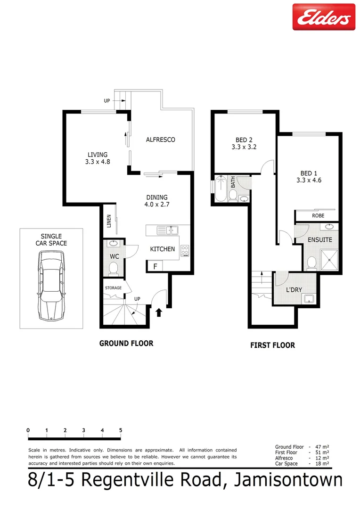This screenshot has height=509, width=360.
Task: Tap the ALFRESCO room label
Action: pos(160,140)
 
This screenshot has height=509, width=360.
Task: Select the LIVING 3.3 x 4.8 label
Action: pos(98,158)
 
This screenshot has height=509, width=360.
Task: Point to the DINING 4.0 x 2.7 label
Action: pos(156,201)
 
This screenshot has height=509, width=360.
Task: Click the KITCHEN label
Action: pos(163,249)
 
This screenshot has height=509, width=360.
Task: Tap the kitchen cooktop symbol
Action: pos(185,251)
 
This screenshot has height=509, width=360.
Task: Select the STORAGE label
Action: pos(113,288)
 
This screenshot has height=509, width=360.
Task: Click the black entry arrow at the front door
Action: pos(159,312)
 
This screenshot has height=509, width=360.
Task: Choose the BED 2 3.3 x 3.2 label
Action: pos(244,143)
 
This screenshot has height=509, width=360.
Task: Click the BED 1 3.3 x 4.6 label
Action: pos(309,176)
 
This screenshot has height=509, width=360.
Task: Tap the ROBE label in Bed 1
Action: pos(318,216)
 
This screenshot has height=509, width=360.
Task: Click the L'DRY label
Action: pos(294,289)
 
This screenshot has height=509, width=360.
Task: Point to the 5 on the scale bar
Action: pos(121,430)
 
